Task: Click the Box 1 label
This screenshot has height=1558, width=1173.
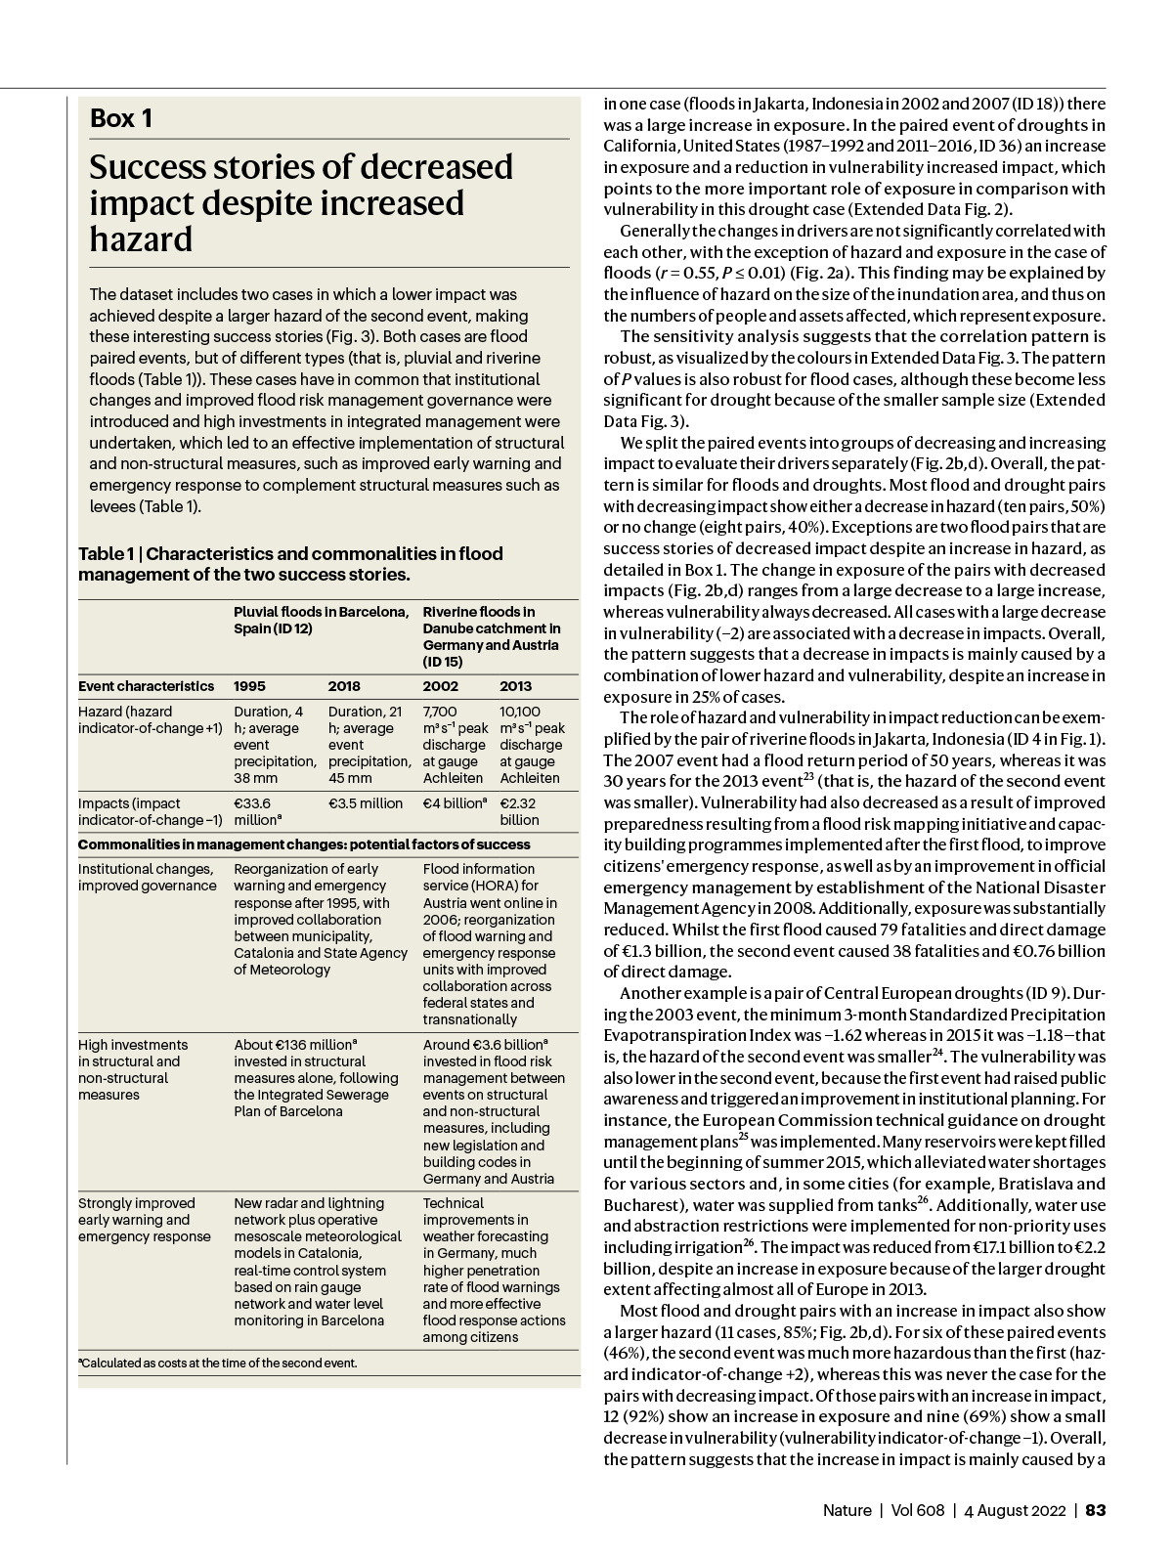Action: [121, 119]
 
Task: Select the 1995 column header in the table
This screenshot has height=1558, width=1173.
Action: [249, 686]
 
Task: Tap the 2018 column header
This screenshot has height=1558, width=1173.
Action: [344, 686]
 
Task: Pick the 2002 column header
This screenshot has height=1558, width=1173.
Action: [440, 686]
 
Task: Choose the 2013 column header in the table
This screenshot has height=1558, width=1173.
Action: [517, 686]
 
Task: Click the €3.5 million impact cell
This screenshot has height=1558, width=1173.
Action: [366, 803]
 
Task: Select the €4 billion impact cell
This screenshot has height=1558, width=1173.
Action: [455, 803]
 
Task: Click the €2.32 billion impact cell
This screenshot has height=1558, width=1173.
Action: [519, 811]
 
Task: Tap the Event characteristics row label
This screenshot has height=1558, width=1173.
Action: [146, 686]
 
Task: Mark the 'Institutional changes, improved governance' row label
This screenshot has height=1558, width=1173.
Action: [147, 877]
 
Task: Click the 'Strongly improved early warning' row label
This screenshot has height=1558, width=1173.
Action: [144, 1220]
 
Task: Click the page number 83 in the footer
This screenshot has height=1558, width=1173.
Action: [1096, 1510]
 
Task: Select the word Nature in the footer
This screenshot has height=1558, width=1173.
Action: [847, 1510]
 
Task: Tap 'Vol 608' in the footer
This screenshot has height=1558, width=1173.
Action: [918, 1510]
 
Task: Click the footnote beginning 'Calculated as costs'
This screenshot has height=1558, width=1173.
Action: [217, 1363]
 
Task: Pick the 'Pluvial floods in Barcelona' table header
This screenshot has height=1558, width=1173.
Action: [321, 620]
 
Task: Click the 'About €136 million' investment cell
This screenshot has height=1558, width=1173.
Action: [316, 1078]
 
